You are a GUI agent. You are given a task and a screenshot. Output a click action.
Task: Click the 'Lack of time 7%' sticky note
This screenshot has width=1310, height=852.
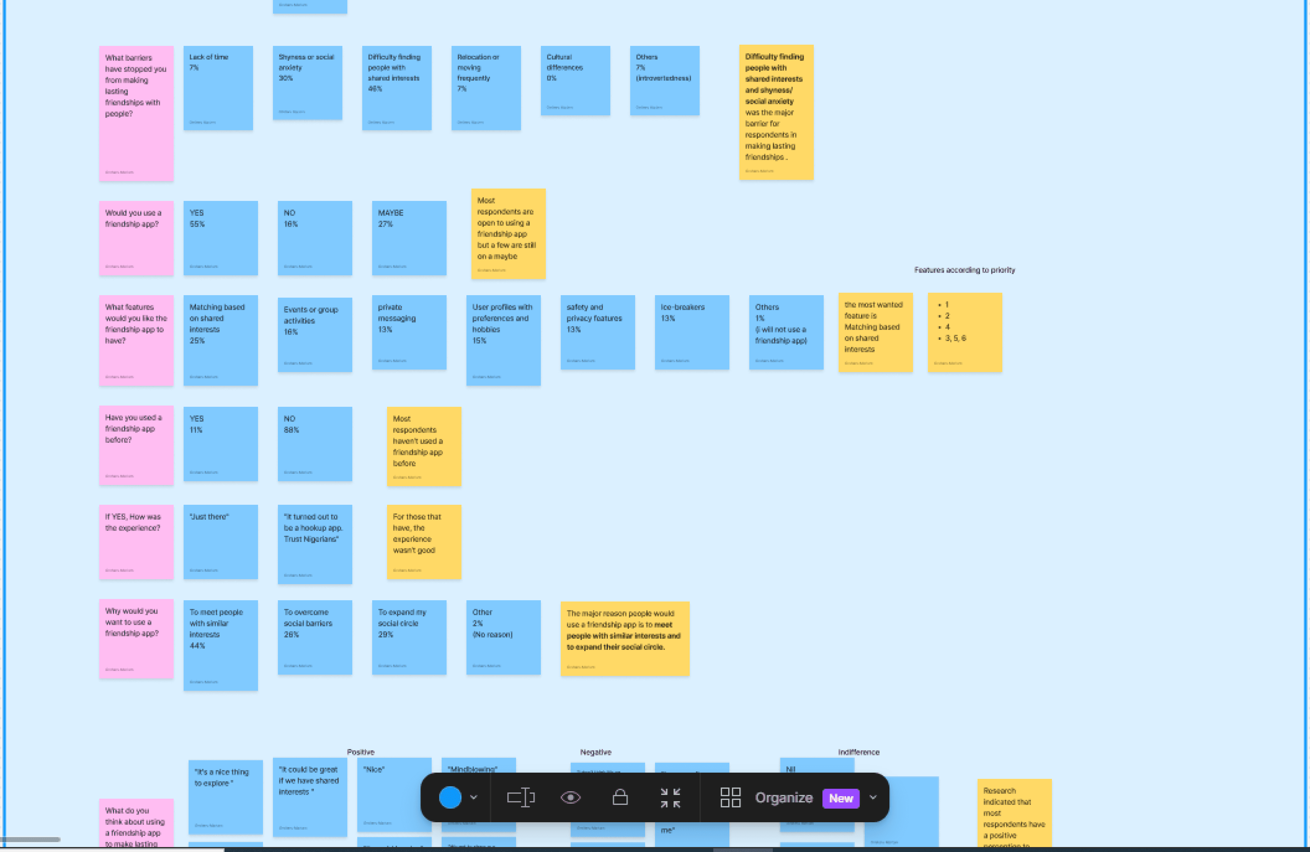pyautogui.click(x=218, y=88)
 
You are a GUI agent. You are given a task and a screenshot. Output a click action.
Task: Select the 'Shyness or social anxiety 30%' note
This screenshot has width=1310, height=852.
pyautogui.click(x=307, y=82)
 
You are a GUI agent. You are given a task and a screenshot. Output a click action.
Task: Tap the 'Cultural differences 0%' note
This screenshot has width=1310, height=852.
pyautogui.click(x=575, y=80)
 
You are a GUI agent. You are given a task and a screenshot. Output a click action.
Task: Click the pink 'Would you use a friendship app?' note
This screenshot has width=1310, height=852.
pyautogui.click(x=136, y=238)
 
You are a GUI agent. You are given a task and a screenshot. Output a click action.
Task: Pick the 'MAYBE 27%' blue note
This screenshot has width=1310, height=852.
pyautogui.click(x=409, y=238)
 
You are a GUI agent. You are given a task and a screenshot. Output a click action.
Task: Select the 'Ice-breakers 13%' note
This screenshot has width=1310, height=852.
pyautogui.click(x=692, y=332)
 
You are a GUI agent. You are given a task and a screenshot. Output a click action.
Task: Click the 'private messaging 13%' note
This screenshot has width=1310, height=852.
pyautogui.click(x=409, y=332)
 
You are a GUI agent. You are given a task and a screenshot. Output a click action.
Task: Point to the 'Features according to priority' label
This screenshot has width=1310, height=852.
pyautogui.click(x=964, y=270)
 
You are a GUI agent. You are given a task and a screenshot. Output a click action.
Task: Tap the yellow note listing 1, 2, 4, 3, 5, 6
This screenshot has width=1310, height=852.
pyautogui.click(x=964, y=332)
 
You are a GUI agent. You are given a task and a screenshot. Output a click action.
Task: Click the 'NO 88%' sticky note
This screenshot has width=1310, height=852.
pyautogui.click(x=314, y=444)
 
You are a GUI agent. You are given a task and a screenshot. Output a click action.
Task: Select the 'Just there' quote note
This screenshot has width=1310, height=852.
pyautogui.click(x=220, y=542)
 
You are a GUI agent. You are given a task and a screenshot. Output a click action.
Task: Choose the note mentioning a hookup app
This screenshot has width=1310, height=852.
pyautogui.click(x=314, y=544)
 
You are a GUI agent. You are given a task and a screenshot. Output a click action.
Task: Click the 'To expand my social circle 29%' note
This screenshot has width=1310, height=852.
pyautogui.click(x=409, y=637)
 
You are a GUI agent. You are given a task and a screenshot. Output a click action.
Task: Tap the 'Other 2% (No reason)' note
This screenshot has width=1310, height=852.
pyautogui.click(x=503, y=637)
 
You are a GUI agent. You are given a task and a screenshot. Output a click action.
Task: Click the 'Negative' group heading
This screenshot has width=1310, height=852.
pyautogui.click(x=595, y=752)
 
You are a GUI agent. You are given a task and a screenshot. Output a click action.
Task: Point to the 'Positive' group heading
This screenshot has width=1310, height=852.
pyautogui.click(x=360, y=752)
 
